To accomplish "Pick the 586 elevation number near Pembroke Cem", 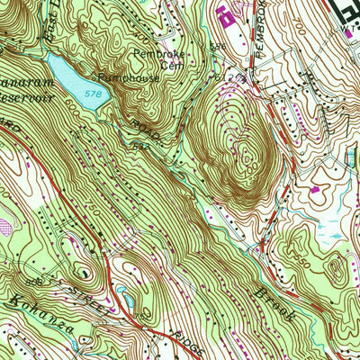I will (x=215, y=45).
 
